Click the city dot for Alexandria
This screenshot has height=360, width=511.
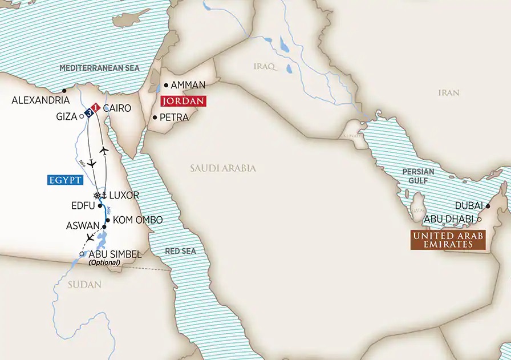[x=64, y=90]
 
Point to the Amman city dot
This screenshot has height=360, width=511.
[x=166, y=86]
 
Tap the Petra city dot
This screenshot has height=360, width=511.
[x=155, y=118]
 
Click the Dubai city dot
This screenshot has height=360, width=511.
[x=488, y=207]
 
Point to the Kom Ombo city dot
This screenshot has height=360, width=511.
[x=107, y=220]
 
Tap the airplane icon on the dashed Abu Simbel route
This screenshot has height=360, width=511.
[x=89, y=237]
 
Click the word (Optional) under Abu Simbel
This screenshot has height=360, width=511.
[x=105, y=262]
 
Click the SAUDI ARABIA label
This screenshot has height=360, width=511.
[x=223, y=169]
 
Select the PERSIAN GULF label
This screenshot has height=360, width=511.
[x=418, y=175]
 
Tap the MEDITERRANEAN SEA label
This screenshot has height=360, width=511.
[x=100, y=68]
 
